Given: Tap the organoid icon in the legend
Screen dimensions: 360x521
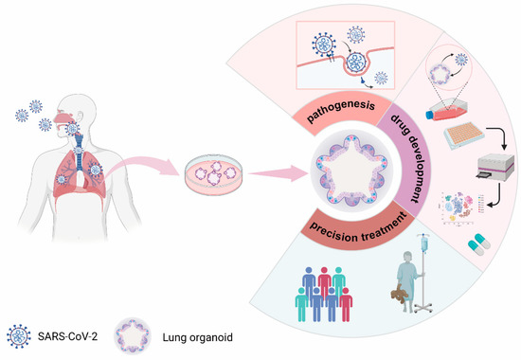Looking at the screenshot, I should pyautogui.click(x=138, y=336).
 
